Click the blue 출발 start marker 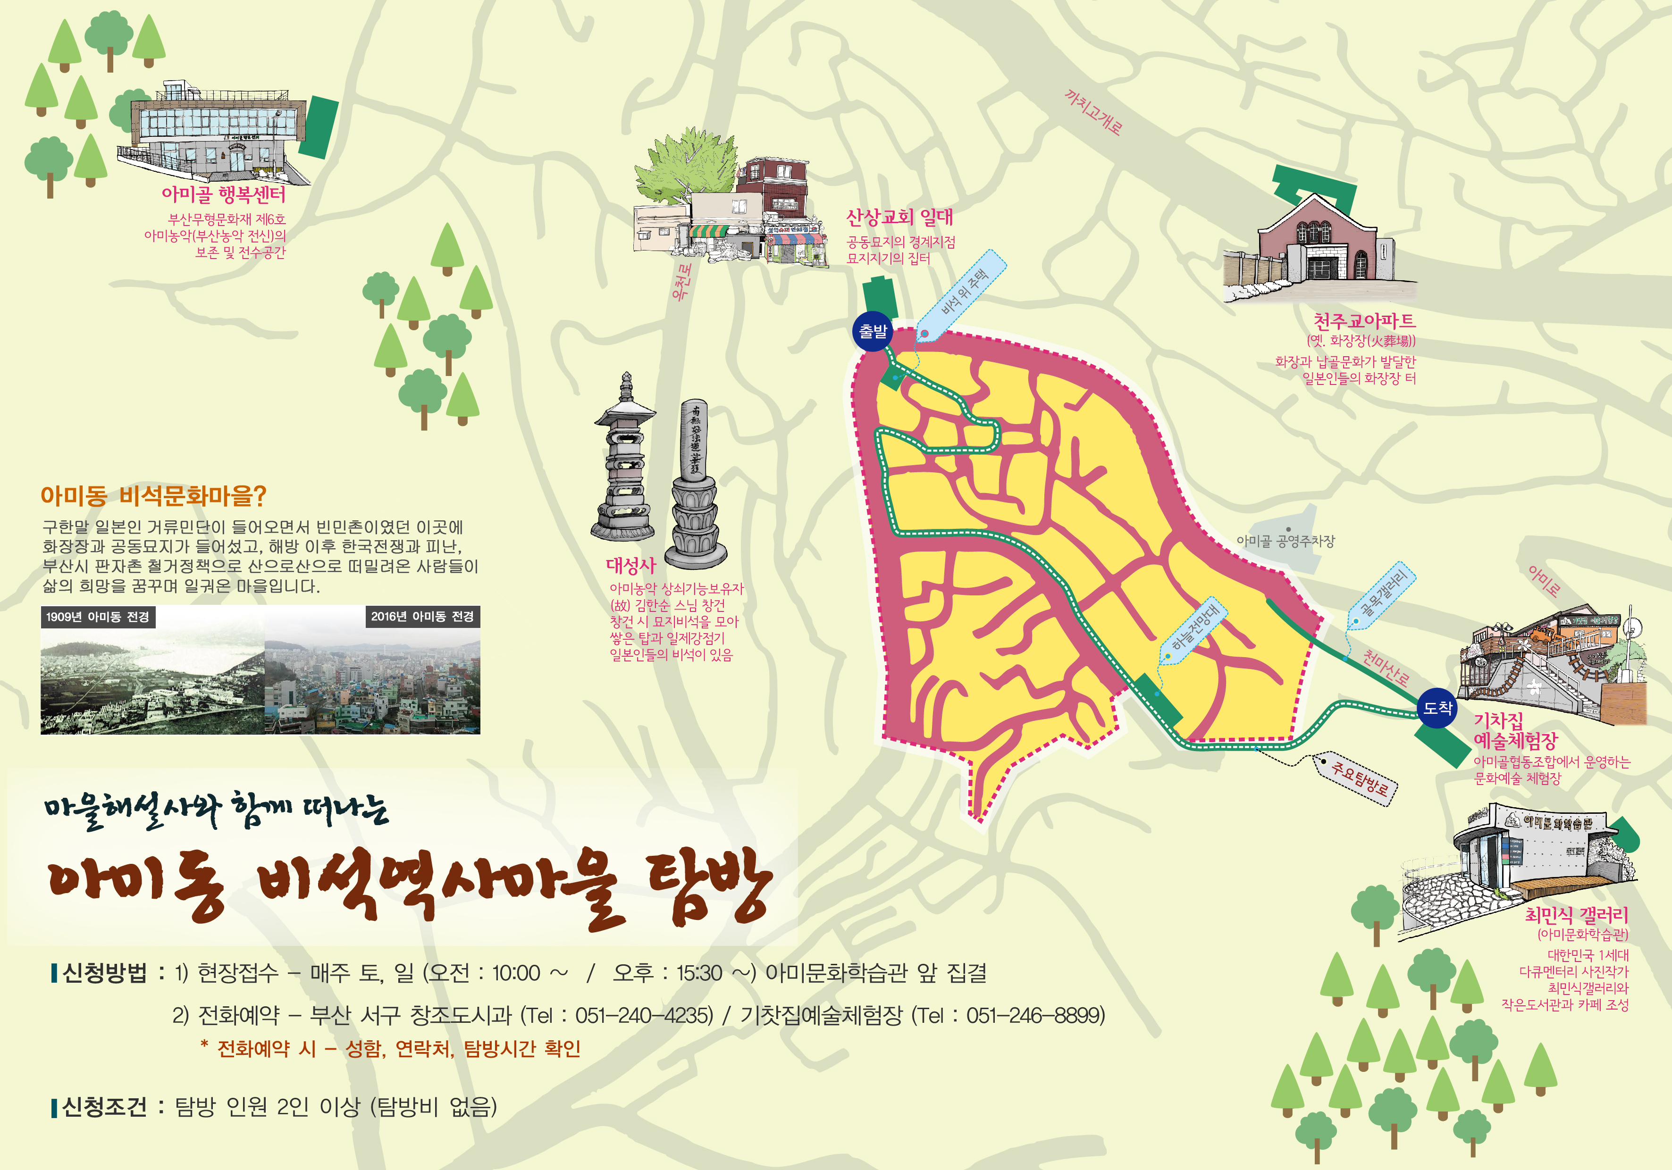[873, 332]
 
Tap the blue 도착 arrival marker [1437, 707]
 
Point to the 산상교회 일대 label [899, 217]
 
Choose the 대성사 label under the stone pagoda [630, 566]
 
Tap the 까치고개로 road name [1092, 112]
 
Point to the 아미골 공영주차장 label [1286, 541]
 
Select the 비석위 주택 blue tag [963, 293]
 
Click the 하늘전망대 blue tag [1195, 628]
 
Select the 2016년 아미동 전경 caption [422, 617]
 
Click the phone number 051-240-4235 [644, 1015]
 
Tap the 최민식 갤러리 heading [1576, 915]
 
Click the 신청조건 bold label [104, 1107]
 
